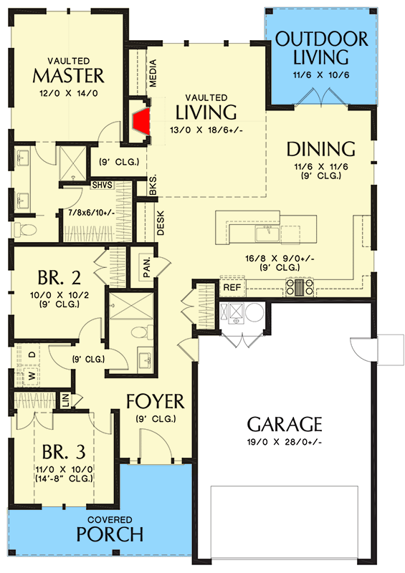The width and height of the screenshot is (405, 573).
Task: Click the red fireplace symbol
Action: pos(141,120)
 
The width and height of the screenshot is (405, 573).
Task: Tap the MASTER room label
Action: pos(70,76)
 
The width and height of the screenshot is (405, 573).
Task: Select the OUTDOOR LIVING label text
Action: pos(322,48)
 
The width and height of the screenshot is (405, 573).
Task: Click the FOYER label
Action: pos(156,400)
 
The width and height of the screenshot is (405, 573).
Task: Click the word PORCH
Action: pos(110,534)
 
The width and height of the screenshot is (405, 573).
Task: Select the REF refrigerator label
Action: pos(231,286)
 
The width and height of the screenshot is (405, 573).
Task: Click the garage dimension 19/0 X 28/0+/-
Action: pos(285,441)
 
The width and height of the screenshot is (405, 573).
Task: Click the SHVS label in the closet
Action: pos(102,185)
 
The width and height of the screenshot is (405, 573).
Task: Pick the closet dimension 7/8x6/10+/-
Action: pos(95,213)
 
